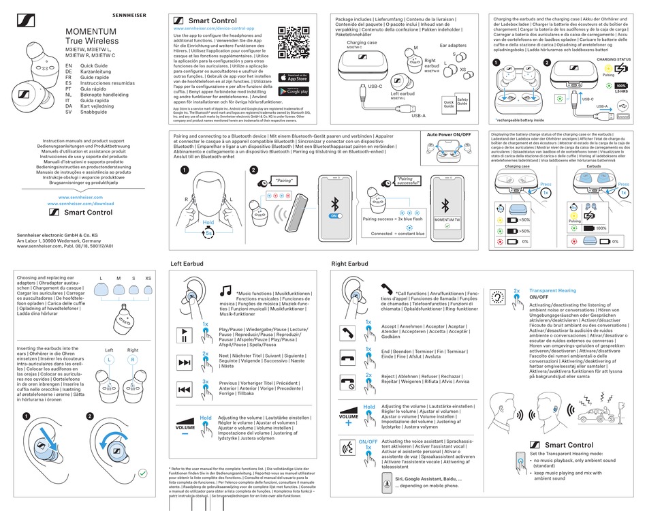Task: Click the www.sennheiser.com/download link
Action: point(81,203)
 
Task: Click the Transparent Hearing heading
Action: point(552,290)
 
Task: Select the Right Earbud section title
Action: point(350,263)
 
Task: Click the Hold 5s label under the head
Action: point(208,226)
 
